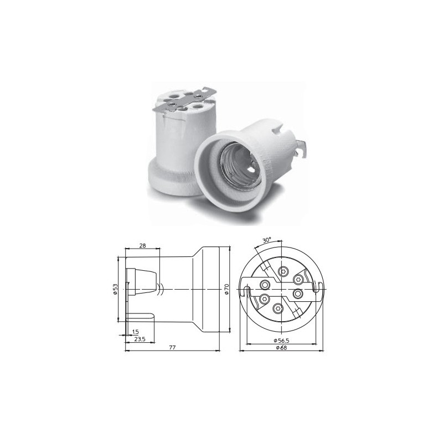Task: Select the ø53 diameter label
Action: pyautogui.click(x=116, y=290)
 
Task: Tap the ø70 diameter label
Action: pyautogui.click(x=226, y=290)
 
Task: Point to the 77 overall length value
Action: pyautogui.click(x=172, y=347)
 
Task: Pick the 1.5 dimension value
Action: pyautogui.click(x=135, y=331)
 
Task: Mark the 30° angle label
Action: pyautogui.click(x=267, y=241)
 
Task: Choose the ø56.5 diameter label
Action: pyautogui.click(x=283, y=339)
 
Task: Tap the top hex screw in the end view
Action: pyautogui.click(x=284, y=271)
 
